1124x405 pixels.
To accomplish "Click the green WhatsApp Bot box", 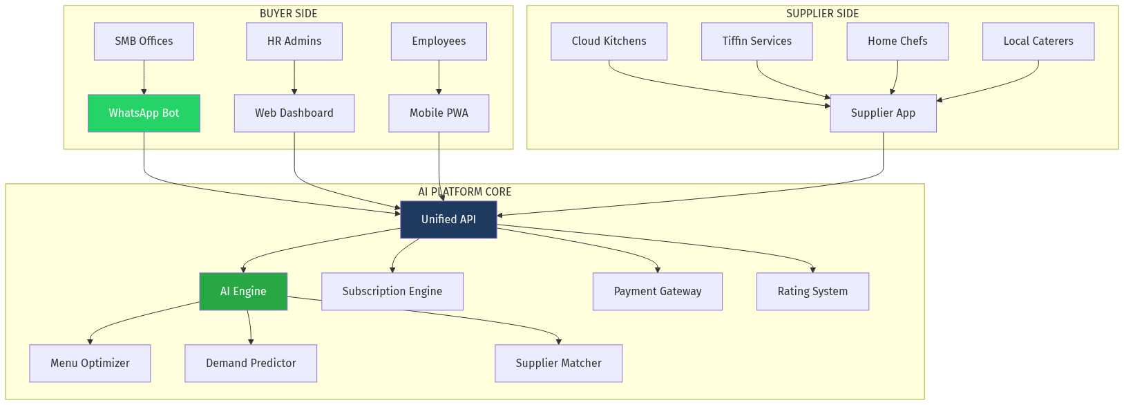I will click(144, 113).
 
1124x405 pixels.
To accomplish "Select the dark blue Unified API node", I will click(448, 220).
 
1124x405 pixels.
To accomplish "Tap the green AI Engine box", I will click(243, 292).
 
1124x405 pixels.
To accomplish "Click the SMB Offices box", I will click(144, 41).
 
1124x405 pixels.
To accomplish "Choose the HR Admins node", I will click(294, 41).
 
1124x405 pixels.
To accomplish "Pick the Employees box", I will click(439, 41).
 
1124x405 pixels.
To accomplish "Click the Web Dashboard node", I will click(294, 113).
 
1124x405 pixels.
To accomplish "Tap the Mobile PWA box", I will click(439, 113).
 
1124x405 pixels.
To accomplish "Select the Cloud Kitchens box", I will click(609, 41).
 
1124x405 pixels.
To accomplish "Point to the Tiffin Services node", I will click(756, 41).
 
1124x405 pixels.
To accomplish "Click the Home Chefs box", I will click(897, 41).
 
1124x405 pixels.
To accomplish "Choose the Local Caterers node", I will click(1038, 41).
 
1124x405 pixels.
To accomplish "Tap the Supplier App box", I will click(883, 113).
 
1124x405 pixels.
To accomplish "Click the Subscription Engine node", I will click(392, 292).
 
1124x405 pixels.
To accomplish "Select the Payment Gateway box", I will click(658, 292).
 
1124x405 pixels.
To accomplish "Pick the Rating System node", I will click(812, 292).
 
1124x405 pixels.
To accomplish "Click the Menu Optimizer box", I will click(90, 364).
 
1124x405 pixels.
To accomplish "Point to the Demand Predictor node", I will click(251, 364).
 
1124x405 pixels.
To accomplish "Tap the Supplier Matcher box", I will click(558, 364).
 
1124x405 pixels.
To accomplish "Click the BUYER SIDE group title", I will click(288, 14).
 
